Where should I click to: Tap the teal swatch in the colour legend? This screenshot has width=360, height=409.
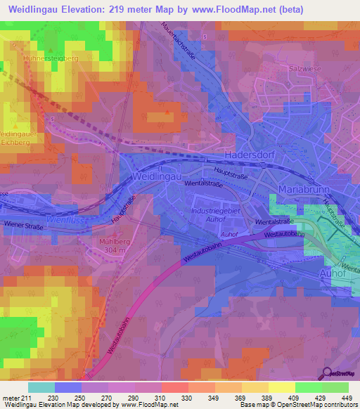41,387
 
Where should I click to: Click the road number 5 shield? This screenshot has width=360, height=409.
205,35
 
